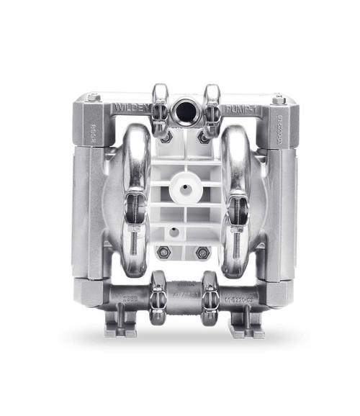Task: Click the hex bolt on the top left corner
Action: coord(94,97)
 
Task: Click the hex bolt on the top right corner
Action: coord(279,99)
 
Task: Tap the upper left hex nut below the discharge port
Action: coord(165,136)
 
